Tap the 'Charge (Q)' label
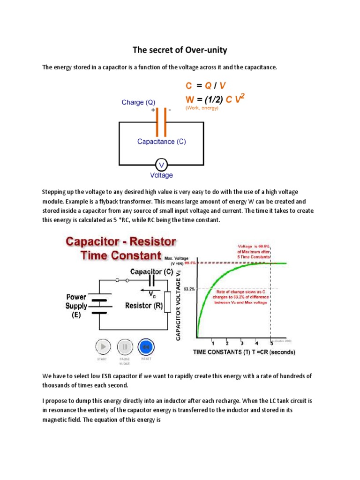[x=138, y=102]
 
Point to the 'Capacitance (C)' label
[x=161, y=141]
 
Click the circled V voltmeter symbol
[x=161, y=165]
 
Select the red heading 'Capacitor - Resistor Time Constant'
[x=120, y=248]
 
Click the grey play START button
[x=103, y=347]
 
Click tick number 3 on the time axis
[x=242, y=342]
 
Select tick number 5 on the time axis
[x=271, y=342]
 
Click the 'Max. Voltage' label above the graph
[x=177, y=257]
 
